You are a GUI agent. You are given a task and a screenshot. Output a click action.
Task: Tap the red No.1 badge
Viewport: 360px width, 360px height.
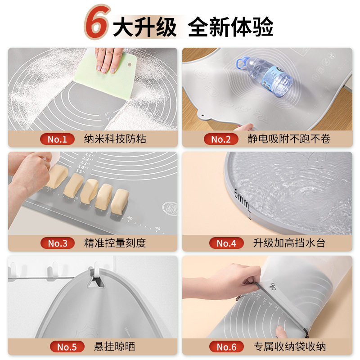[x=57, y=139]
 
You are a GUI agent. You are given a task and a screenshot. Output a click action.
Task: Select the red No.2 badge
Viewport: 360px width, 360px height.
[x=221, y=139]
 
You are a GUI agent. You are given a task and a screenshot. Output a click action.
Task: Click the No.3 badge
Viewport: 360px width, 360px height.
[x=57, y=243]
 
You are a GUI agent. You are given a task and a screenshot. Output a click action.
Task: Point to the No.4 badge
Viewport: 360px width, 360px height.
[x=226, y=243]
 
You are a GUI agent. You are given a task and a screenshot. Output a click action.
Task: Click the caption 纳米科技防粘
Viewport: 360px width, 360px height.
[x=115, y=139]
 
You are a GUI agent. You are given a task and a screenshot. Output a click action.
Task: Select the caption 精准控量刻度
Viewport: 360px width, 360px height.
[x=115, y=243]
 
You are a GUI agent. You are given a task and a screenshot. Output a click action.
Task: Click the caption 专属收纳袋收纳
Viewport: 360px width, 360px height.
[x=289, y=347]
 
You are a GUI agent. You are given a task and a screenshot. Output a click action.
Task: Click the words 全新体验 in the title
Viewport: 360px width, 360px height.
[x=230, y=27]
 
